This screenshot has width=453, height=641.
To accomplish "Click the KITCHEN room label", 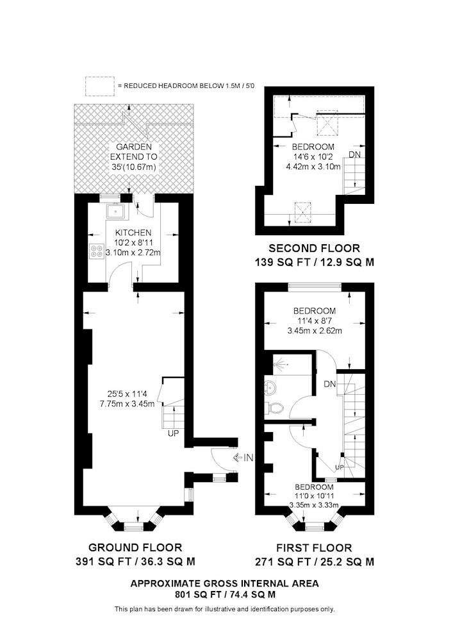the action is (x=133, y=233).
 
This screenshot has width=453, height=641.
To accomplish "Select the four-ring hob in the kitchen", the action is (x=97, y=251).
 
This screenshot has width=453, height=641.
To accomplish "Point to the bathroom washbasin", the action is (x=271, y=385).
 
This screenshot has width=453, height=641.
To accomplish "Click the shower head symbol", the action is (x=278, y=363).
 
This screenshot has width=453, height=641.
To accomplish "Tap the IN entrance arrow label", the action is (x=243, y=458).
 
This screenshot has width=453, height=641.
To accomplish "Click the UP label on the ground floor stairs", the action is (x=174, y=433).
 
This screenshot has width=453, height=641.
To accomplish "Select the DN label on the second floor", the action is (x=354, y=155).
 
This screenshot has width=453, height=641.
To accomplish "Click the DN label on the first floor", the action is (x=329, y=384).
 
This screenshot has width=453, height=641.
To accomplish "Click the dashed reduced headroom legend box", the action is (x=100, y=87).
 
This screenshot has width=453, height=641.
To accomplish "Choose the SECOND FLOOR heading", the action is (x=314, y=248).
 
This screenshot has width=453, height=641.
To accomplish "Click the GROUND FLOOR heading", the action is (x=135, y=547).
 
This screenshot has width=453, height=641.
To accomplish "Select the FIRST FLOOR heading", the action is (x=314, y=548).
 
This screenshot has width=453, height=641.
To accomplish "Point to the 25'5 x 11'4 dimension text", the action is (x=127, y=394).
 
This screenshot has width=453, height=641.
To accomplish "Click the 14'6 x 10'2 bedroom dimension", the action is (x=313, y=156).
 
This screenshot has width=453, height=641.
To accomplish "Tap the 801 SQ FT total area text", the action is (x=225, y=595).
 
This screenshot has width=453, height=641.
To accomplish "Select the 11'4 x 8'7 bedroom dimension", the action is (x=315, y=321).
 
